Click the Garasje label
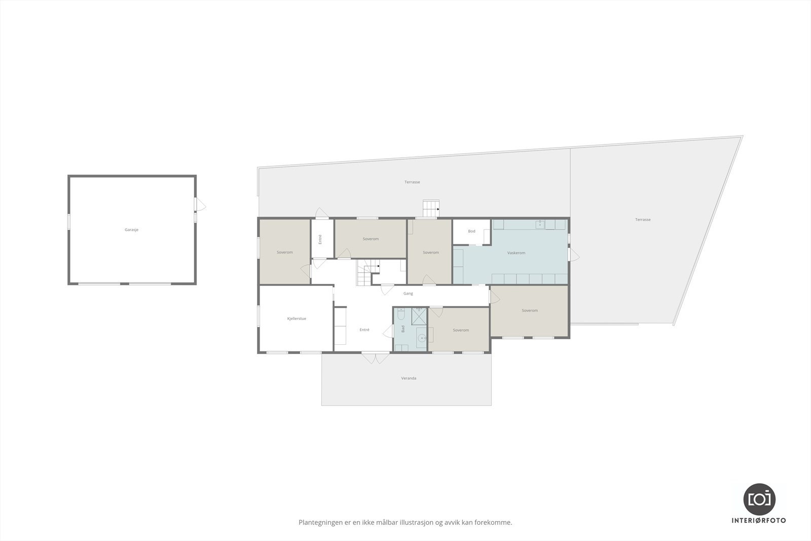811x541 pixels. pyautogui.click(x=131, y=230)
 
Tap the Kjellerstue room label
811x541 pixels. pyautogui.click(x=296, y=318)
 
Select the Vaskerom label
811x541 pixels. pyautogui.click(x=516, y=253)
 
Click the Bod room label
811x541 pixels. pyautogui.click(x=471, y=231)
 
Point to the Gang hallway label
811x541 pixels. pyautogui.click(x=408, y=293)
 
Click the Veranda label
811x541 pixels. pyautogui.click(x=409, y=378)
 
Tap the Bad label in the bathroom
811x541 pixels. pyautogui.click(x=403, y=329)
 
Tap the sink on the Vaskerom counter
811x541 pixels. pyautogui.click(x=541, y=224)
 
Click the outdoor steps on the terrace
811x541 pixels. pyautogui.click(x=431, y=208)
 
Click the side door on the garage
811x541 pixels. pyautogui.click(x=200, y=204)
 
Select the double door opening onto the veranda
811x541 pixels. pyautogui.click(x=376, y=357)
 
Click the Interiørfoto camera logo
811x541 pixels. pyautogui.click(x=759, y=498)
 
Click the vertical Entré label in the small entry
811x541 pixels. pyautogui.click(x=320, y=239)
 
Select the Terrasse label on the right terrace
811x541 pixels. pyautogui.click(x=643, y=220)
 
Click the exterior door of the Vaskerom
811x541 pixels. pyautogui.click(x=573, y=254)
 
